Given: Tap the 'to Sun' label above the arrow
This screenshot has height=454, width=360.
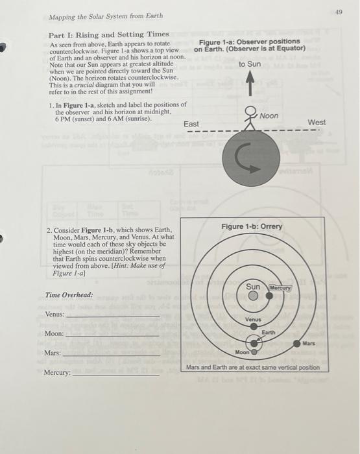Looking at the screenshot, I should click(x=250, y=64).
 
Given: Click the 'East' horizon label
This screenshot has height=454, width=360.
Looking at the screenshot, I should click(x=191, y=124).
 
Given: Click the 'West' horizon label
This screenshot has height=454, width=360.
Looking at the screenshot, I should click(x=317, y=122).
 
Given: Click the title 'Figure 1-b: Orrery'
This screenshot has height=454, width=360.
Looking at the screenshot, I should click(x=251, y=226).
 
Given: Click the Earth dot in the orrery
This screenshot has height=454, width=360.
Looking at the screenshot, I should click(x=254, y=342).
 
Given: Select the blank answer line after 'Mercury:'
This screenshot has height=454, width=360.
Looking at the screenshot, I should click(x=114, y=375).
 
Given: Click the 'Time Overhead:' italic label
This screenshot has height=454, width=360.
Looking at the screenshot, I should click(x=69, y=294).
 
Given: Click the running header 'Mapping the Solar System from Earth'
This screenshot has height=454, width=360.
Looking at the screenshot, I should click(x=106, y=16).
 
